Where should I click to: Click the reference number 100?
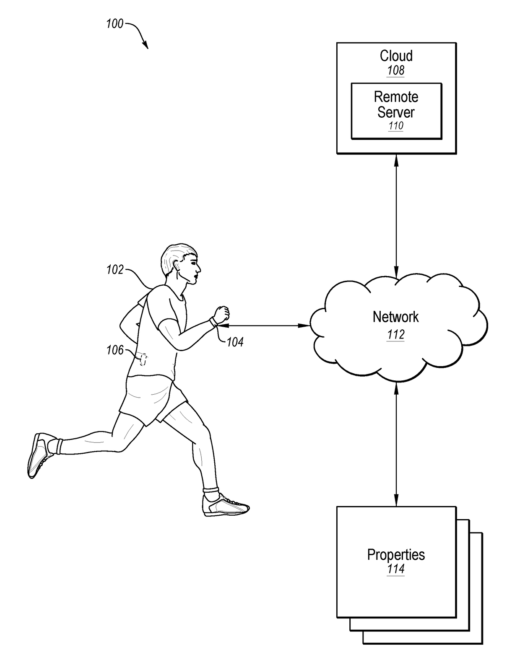point(114,24)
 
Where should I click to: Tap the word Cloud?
point(396,56)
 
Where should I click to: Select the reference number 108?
point(396,70)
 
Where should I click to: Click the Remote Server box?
point(396,111)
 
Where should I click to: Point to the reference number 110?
point(396,126)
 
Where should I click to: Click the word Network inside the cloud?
point(395,317)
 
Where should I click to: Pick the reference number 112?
point(396,334)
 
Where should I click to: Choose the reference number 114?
point(396,569)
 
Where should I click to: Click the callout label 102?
point(115,270)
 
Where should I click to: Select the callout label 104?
point(235,342)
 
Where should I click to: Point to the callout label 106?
point(115,350)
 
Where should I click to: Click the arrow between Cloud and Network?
point(396,214)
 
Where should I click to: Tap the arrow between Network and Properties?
point(396,444)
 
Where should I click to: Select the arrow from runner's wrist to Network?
point(264,325)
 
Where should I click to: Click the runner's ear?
point(178,265)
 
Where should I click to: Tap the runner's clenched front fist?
point(221,314)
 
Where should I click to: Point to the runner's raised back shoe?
point(40,455)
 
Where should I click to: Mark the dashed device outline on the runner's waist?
point(143,359)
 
